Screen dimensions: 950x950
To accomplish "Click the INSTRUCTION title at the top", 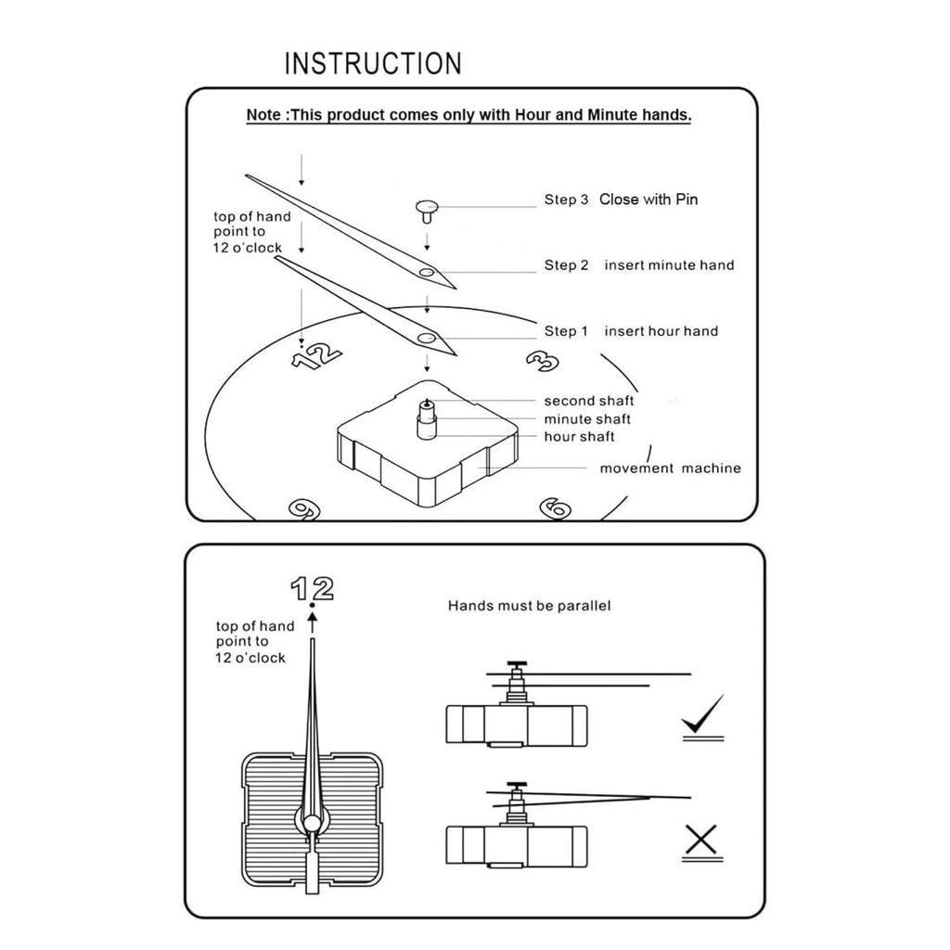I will tap(372, 64).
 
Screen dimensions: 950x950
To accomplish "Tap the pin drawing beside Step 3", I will tap(427, 209).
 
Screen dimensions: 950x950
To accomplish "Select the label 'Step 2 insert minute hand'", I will tap(638, 265).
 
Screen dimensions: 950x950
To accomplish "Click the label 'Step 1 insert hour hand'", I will tap(631, 331).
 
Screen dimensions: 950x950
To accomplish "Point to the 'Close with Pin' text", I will tap(648, 199).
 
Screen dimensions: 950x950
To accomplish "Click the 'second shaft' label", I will tap(588, 401).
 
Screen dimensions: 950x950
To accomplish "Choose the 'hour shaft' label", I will tap(579, 436).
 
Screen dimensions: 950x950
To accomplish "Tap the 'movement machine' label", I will tap(670, 469).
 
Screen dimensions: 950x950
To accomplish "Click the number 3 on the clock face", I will tap(541, 358).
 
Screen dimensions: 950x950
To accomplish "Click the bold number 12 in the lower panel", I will tap(312, 588).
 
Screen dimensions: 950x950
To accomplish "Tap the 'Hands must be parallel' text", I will tap(529, 606).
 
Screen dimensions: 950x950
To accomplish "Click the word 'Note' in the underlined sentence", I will tap(264, 115).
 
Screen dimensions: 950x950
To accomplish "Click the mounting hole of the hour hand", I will tap(426, 338).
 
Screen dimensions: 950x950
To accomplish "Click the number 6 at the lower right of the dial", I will tap(555, 507).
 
